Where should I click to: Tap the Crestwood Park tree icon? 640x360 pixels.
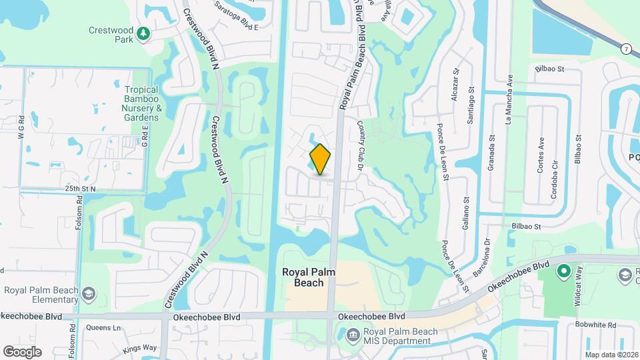tap(142, 33)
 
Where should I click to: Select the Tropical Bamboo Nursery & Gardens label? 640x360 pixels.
tap(141, 103)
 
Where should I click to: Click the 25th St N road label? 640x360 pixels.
tap(81, 189)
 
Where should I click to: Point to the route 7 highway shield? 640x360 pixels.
tap(626, 49)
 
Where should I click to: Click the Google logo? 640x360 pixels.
tap(22, 351)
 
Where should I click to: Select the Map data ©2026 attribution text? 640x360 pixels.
tap(611, 355)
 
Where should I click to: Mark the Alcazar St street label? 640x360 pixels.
tap(457, 81)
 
